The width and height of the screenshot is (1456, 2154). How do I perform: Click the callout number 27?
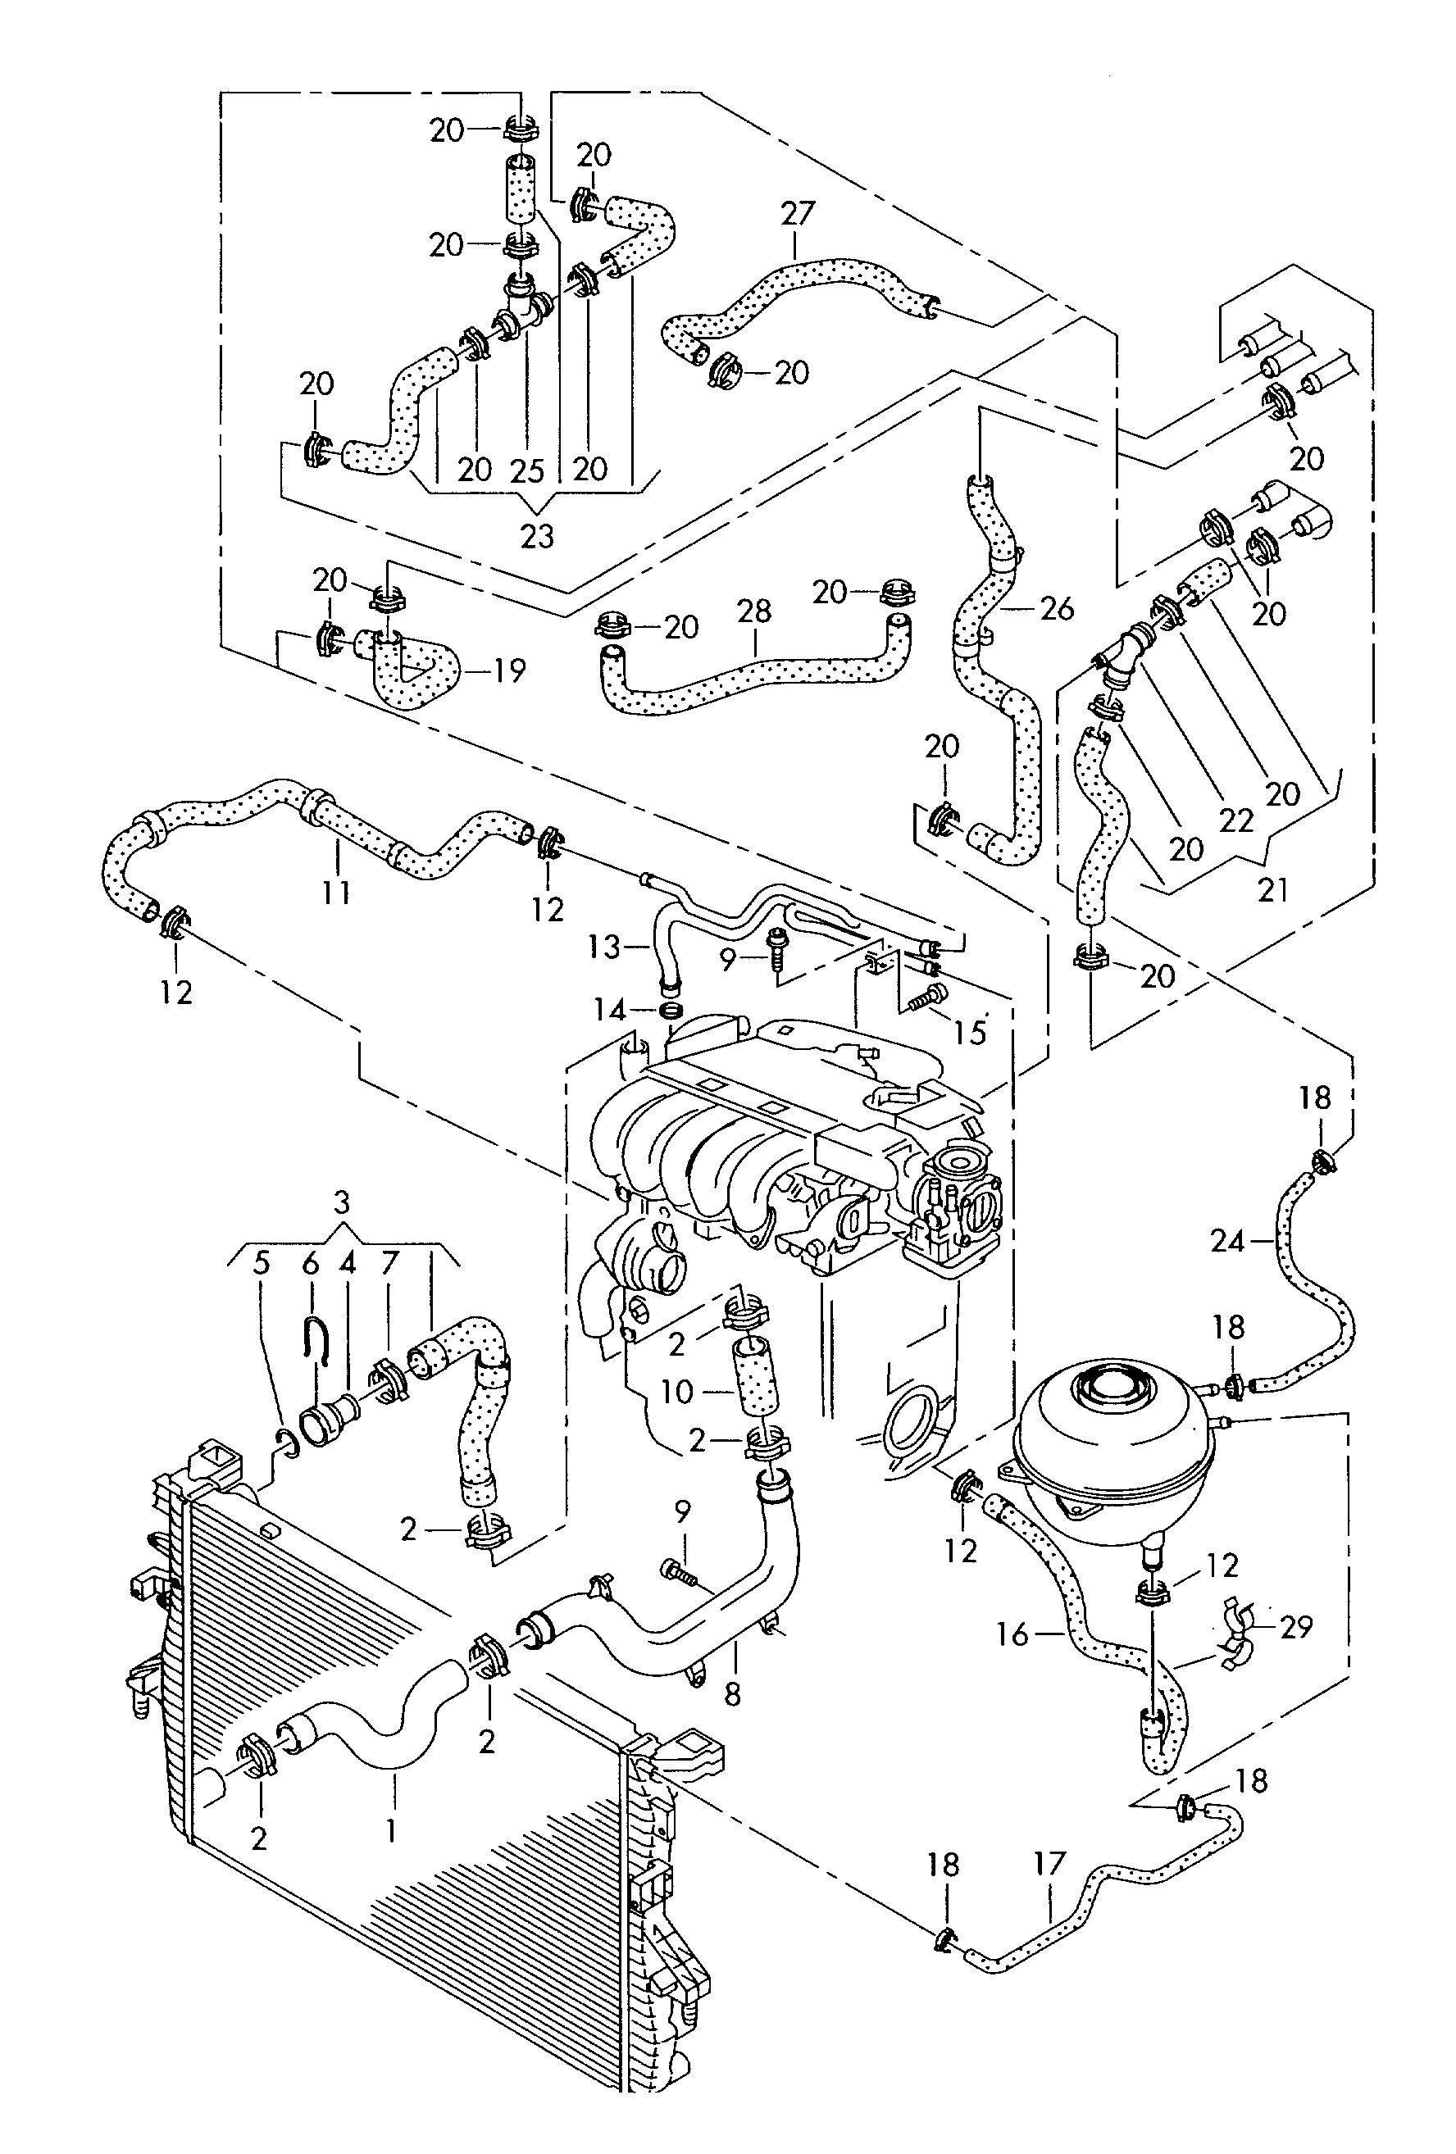pyautogui.click(x=796, y=214)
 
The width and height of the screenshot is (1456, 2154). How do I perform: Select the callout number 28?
pyautogui.click(x=754, y=611)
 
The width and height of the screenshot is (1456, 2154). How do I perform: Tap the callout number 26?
pyautogui.click(x=1057, y=609)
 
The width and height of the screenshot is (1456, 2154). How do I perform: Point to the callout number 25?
pyautogui.click(x=527, y=470)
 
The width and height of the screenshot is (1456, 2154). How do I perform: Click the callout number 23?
pyautogui.click(x=537, y=536)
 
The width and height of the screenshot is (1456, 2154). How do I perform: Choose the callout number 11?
pyautogui.click(x=336, y=892)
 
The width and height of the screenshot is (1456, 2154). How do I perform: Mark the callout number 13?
pyautogui.click(x=603, y=947)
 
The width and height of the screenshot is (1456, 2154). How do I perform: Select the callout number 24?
pyautogui.click(x=1227, y=1240)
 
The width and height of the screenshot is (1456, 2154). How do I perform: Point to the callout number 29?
pyautogui.click(x=1294, y=1627)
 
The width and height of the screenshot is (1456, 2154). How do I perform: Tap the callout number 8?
pyautogui.click(x=732, y=1694)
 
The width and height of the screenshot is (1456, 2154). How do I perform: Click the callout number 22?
pyautogui.click(x=1236, y=820)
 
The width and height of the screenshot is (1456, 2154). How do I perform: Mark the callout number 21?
pyautogui.click(x=1273, y=891)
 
